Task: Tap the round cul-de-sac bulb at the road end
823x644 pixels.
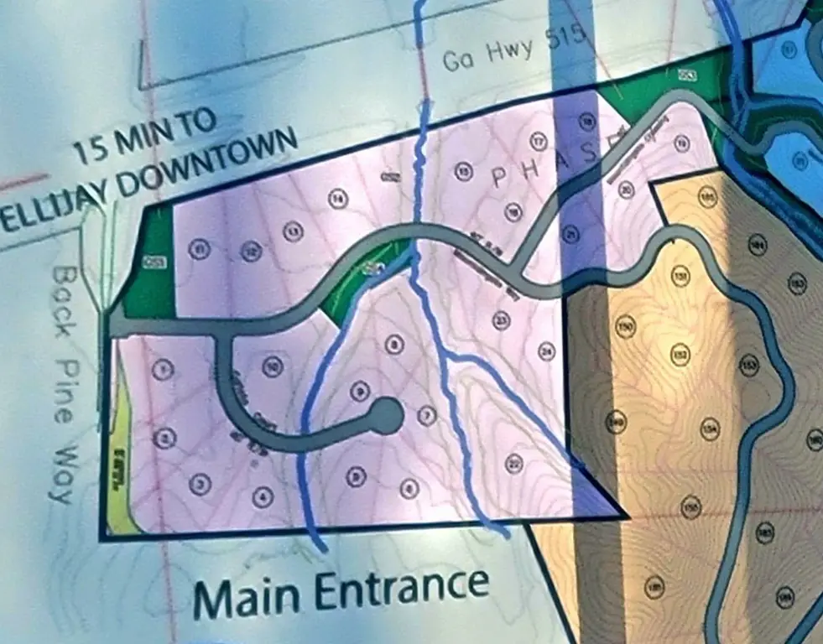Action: tap(384, 416)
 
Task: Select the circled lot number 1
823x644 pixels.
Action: tap(164, 368)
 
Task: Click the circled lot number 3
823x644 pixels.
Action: tap(200, 482)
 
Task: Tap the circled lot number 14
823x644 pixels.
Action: tap(337, 199)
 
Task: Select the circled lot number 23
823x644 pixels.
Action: tap(502, 319)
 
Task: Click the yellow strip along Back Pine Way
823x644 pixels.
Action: tap(118, 470)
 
